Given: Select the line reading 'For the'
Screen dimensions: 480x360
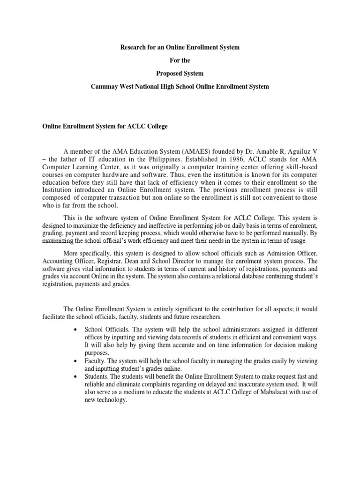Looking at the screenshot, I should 180,60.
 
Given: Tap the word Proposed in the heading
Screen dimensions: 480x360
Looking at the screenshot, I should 168,74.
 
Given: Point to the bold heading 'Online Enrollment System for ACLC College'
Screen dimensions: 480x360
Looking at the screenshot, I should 105,127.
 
